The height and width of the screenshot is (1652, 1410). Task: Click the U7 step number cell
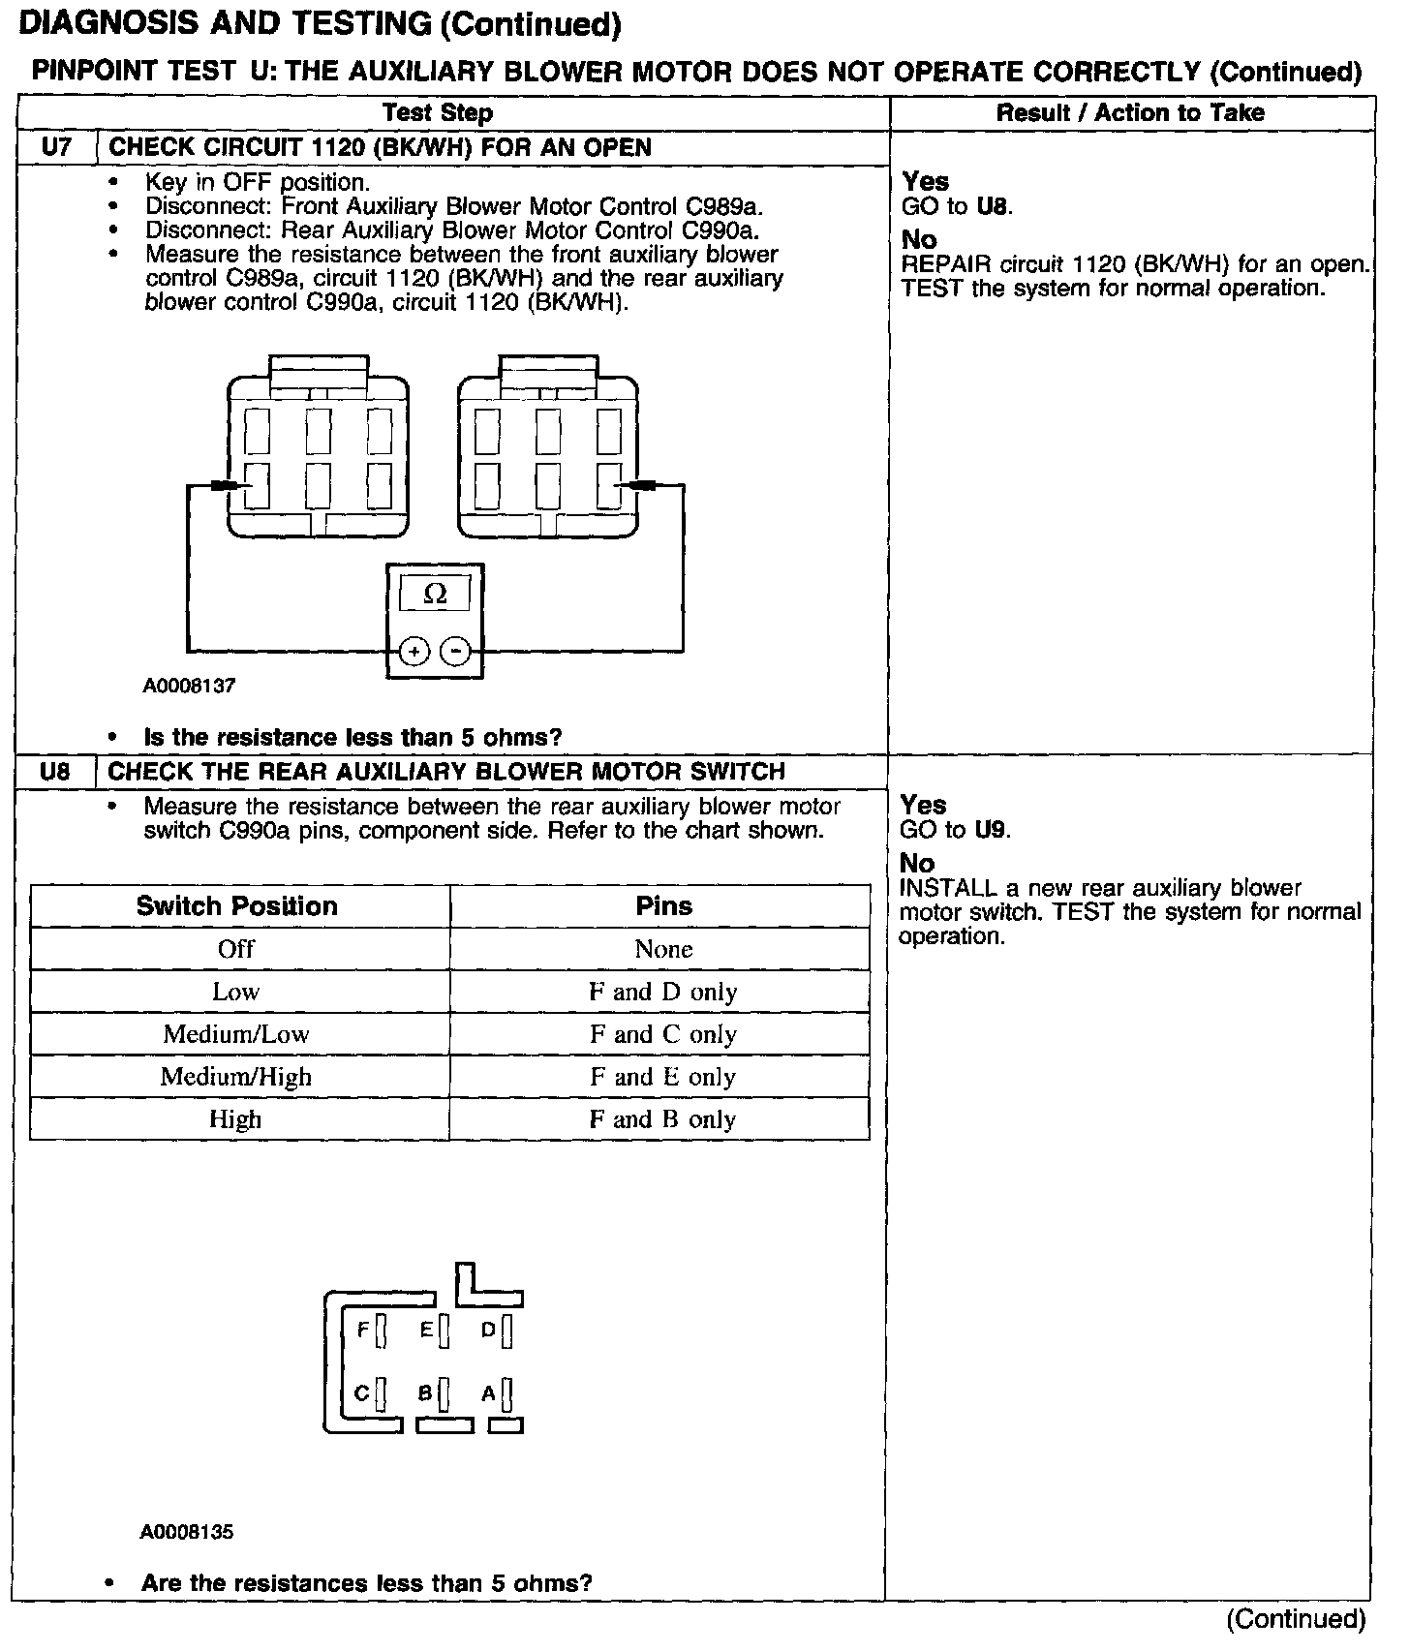click(57, 148)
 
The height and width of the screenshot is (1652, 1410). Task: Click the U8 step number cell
click(55, 772)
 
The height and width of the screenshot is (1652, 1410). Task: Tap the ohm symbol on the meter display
click(435, 594)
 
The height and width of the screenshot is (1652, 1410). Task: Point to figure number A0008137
click(190, 686)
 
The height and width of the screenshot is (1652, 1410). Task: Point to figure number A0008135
click(187, 1532)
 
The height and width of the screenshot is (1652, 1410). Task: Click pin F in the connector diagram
click(381, 1331)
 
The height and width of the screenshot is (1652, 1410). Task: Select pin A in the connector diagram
click(506, 1393)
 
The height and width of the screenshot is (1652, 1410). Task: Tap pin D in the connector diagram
click(506, 1331)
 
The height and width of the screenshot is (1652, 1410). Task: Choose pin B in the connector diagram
click(444, 1393)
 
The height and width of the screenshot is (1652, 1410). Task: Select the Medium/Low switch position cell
click(236, 1034)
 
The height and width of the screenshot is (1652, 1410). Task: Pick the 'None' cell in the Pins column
click(663, 949)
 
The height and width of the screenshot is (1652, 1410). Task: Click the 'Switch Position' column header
click(237, 906)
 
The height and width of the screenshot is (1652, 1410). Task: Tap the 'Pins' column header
click(663, 906)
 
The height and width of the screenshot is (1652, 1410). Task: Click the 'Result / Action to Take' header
click(1130, 113)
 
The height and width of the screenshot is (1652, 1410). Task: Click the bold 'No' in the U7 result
click(919, 239)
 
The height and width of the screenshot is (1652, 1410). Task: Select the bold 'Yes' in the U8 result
click(923, 805)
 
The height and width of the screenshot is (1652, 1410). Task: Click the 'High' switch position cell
click(235, 1119)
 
